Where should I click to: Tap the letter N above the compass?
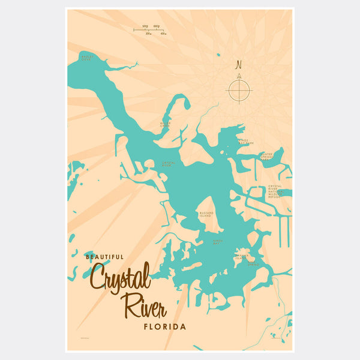238,65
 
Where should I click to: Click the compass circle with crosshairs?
238,91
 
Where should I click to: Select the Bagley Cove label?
88,57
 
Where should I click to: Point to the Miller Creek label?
165,124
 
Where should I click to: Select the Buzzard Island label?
206,214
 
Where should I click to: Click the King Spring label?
254,263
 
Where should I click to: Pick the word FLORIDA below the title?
165,328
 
